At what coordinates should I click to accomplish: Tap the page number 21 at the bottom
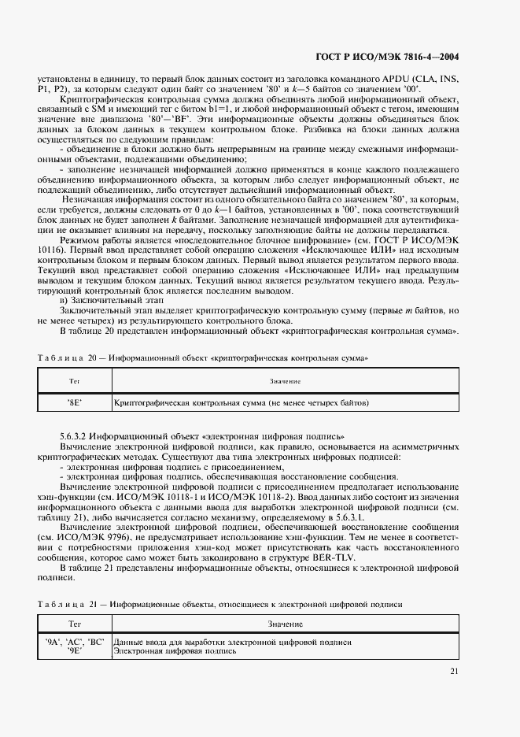[x=455, y=671]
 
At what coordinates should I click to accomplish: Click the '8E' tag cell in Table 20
[x=75, y=402]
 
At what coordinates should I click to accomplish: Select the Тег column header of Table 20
[x=75, y=380]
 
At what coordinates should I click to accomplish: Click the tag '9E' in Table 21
[x=76, y=651]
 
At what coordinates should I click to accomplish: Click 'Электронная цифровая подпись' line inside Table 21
[x=175, y=651]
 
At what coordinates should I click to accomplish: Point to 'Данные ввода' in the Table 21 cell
[x=139, y=642]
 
